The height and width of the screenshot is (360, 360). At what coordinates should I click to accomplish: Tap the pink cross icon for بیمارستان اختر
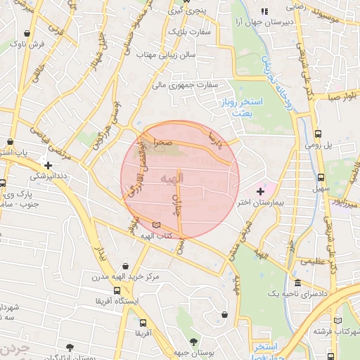pyautogui.click(x=261, y=191)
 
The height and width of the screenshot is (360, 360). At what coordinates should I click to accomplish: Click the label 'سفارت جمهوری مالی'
pyautogui.click(x=185, y=84)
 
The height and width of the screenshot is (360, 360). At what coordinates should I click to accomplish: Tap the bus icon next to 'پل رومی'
pyautogui.click(x=319, y=133)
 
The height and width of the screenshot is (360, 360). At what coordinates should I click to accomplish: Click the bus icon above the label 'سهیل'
pyautogui.click(x=321, y=177)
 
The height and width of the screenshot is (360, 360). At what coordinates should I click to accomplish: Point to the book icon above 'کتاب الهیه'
pyautogui.click(x=156, y=224)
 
